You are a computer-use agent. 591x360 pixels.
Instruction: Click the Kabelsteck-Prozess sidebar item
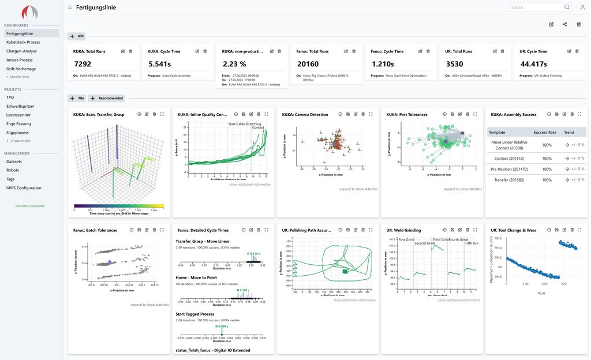coord(23,42)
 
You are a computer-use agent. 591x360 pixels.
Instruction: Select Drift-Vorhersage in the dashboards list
coord(21,68)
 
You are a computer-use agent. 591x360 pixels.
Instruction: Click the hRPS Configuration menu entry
coord(24,188)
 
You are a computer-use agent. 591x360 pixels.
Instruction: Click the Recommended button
coord(107,98)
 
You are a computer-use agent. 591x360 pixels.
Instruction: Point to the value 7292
coord(83,64)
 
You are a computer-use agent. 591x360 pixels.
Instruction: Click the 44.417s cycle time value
coord(533,64)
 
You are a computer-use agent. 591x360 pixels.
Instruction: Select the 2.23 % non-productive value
coord(234,64)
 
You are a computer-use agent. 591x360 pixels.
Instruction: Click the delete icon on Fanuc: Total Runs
coord(354,51)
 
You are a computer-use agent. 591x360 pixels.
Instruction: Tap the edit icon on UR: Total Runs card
coord(495,51)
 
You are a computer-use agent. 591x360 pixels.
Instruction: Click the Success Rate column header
coord(545,132)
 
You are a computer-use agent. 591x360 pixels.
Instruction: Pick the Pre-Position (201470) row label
coord(508,168)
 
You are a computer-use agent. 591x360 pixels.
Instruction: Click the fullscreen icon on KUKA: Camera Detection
coord(371,114)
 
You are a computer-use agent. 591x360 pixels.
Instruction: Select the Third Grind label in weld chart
coord(440,239)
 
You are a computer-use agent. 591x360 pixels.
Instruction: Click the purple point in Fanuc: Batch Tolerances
coord(110,262)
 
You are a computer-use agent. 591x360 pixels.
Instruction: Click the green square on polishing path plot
coord(345,271)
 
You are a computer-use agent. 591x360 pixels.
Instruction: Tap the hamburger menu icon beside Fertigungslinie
coord(70,7)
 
